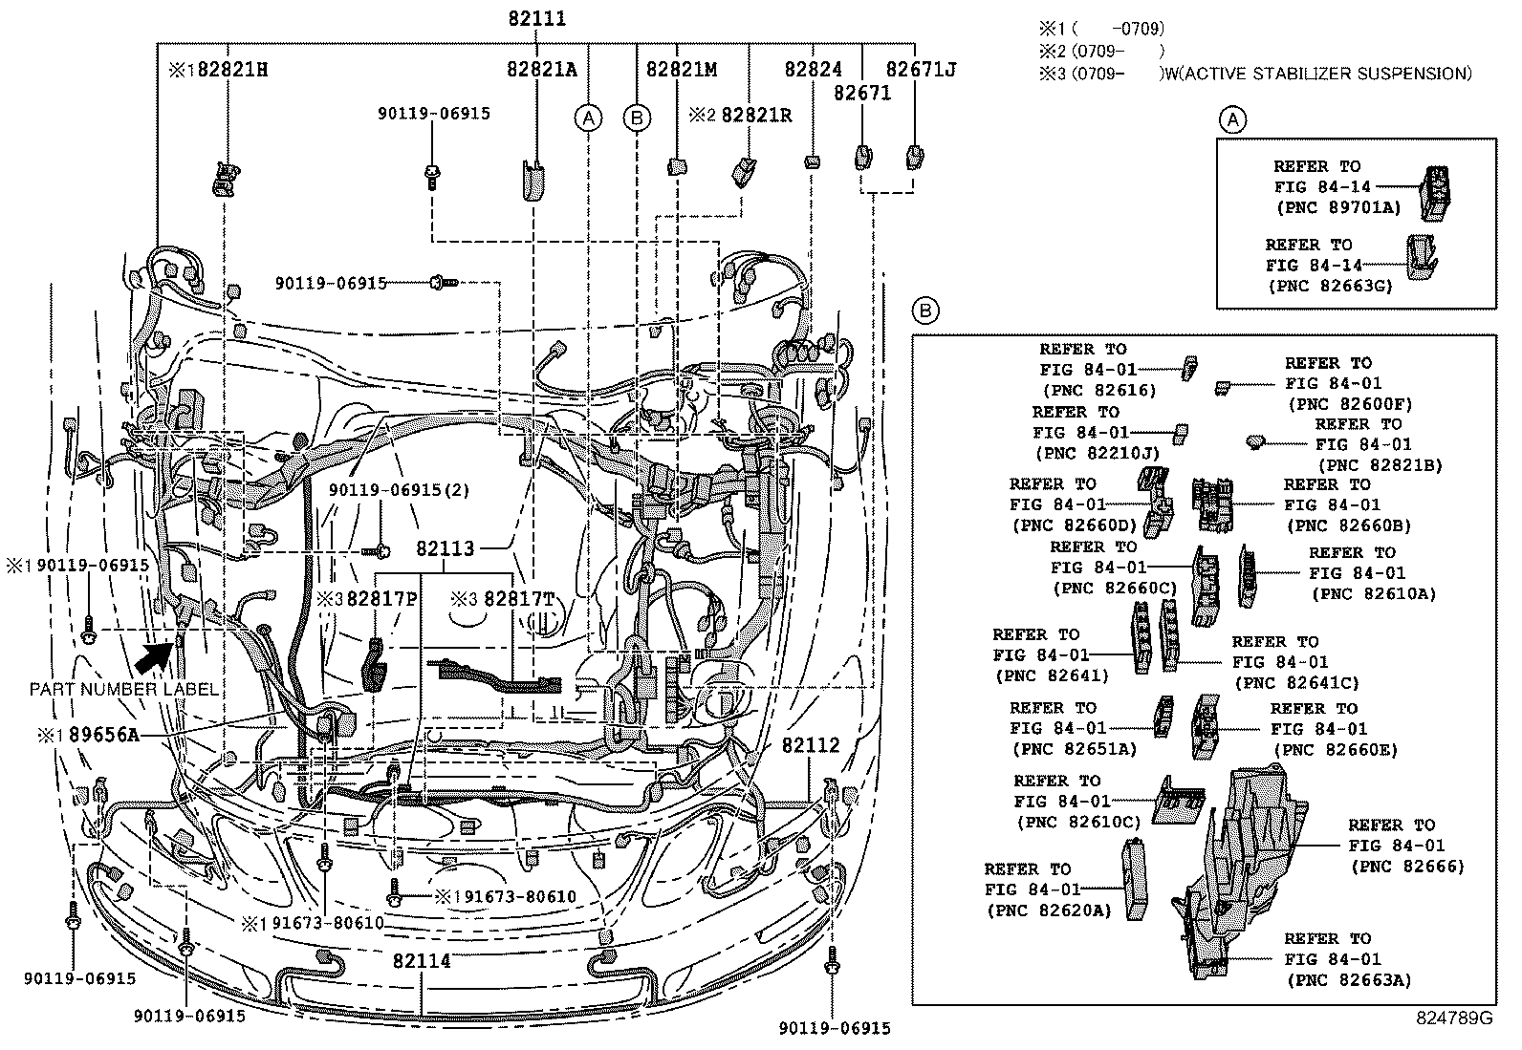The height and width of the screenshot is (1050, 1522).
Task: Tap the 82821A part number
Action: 542,69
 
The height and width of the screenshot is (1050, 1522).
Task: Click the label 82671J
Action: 921,69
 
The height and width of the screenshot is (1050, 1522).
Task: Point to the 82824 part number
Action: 814,69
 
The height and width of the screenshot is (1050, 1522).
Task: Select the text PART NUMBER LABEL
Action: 124,689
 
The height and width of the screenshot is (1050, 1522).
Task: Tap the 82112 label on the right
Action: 811,745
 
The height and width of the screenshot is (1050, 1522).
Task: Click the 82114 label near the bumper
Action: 422,961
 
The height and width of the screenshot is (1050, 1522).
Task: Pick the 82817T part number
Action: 518,599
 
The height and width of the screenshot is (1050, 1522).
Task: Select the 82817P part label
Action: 382,599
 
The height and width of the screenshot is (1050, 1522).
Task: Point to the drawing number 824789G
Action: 1454,1018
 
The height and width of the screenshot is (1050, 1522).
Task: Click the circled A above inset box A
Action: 1233,119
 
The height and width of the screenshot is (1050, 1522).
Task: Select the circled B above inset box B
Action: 925,310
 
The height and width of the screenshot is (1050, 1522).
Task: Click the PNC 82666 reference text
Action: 1407,866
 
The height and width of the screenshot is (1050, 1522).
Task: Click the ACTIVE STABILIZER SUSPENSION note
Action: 1316,73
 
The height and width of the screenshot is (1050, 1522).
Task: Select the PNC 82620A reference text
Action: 1049,911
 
